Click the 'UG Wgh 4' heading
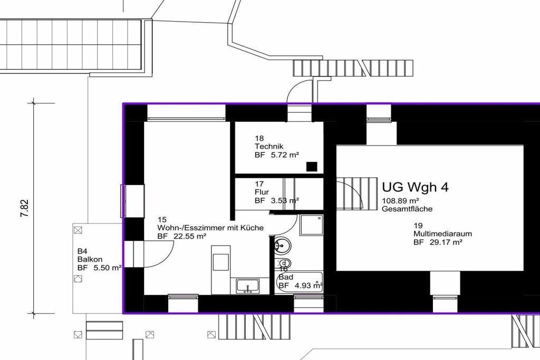pos(416,187)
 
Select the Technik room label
pos(269,147)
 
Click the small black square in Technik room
pos(312,167)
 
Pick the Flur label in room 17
pos(262,192)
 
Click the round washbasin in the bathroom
pos(283,246)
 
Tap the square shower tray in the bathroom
pos(311,226)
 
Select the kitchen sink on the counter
pos(248,286)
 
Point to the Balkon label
pos(90,259)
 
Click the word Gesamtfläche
pos(407,209)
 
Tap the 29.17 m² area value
pos(446,242)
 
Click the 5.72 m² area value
pos(285,155)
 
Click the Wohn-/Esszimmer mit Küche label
pos(210,228)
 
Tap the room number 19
pos(418,226)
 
